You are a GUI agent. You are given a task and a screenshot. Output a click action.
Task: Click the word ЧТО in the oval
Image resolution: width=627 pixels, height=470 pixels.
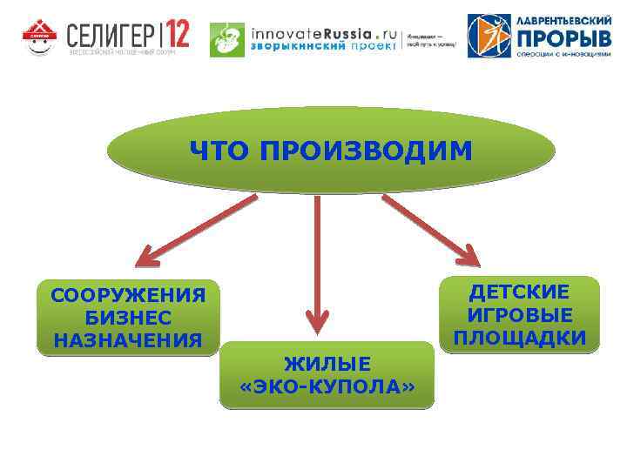click(220, 152)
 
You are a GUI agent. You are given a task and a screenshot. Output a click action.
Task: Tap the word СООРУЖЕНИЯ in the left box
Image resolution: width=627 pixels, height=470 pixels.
click(128, 295)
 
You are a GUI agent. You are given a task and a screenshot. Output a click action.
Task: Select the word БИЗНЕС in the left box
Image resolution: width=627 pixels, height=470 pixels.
click(128, 317)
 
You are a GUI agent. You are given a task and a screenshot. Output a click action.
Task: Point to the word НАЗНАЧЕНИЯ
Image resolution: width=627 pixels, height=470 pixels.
click(128, 339)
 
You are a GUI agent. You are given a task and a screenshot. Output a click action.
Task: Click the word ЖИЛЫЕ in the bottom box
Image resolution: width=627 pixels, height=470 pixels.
click(327, 363)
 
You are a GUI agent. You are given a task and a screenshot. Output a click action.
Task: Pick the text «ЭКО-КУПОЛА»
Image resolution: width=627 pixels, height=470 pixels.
click(327, 386)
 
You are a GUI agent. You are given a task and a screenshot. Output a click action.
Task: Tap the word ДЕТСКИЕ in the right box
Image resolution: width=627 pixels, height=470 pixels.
click(520, 292)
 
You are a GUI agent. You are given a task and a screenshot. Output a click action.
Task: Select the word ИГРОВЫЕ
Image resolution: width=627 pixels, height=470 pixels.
click(520, 315)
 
